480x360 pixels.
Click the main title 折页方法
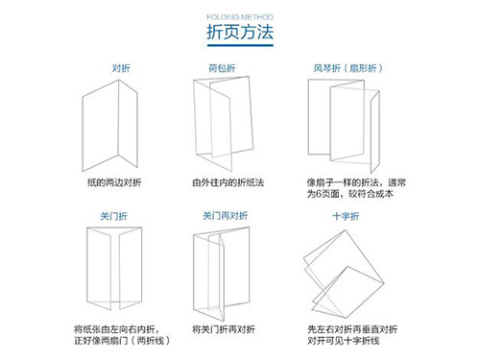click(x=240, y=33)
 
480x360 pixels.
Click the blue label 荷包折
click(x=222, y=68)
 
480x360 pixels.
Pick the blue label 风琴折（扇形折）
click(x=343, y=68)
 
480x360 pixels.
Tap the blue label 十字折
click(x=342, y=216)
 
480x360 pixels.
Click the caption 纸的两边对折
click(x=116, y=181)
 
